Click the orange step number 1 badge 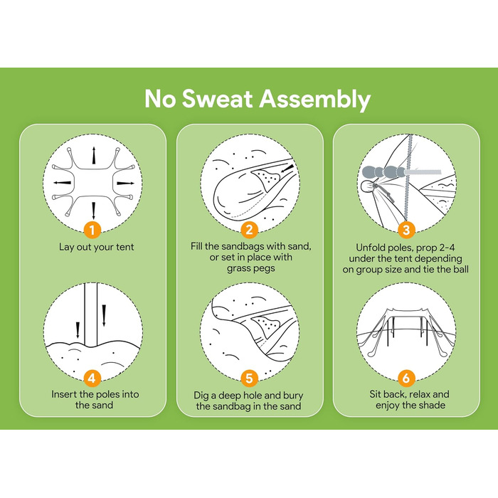pos(92,230)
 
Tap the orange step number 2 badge pos(249,230)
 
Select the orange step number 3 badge pos(406,230)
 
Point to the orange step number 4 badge pos(92,378)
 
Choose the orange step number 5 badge pos(249,378)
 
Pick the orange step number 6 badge pos(406,378)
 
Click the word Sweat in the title pos(218,99)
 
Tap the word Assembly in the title pos(315,100)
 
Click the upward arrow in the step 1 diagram pos(94,155)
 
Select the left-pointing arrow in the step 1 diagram pos(63,183)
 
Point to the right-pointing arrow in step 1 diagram pos(125,184)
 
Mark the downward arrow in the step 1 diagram pos(93,211)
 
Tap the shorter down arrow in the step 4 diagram pos(78,331)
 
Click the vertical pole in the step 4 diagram pos(90,314)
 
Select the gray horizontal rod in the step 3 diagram pos(423,172)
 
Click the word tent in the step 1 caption pos(124,247)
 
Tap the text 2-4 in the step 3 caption pos(445,248)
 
